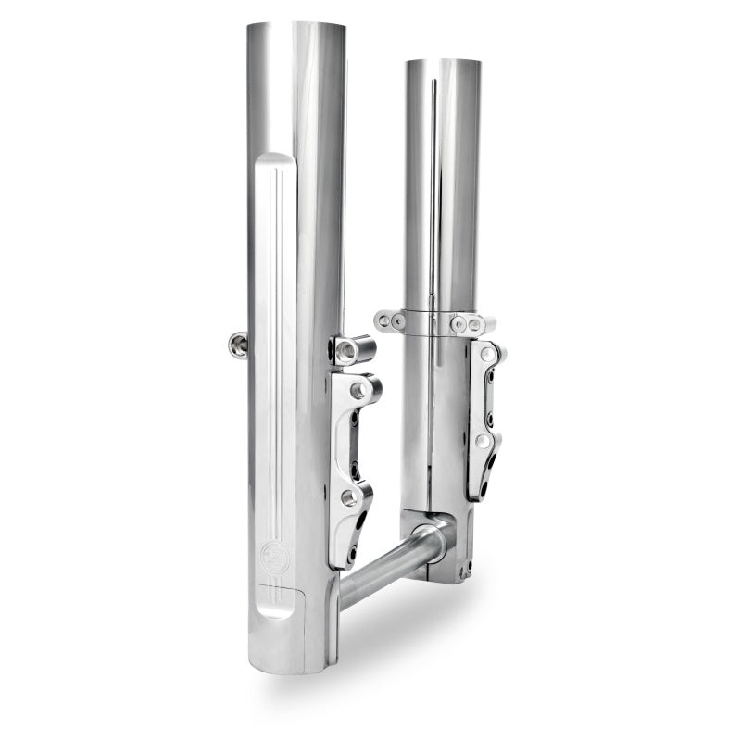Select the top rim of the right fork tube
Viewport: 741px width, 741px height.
pos(442,62)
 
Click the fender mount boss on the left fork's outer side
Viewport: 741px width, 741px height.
pos(238,345)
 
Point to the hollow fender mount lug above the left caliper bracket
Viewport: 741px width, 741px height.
pos(352,350)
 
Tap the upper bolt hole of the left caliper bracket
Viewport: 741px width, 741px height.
pos(358,391)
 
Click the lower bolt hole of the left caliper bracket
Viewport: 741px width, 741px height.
pos(349,497)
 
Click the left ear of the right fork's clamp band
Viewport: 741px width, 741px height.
pos(390,320)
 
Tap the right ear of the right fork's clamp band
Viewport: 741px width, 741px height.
pos(473,324)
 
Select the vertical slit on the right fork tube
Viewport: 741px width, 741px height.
pos(433,185)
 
